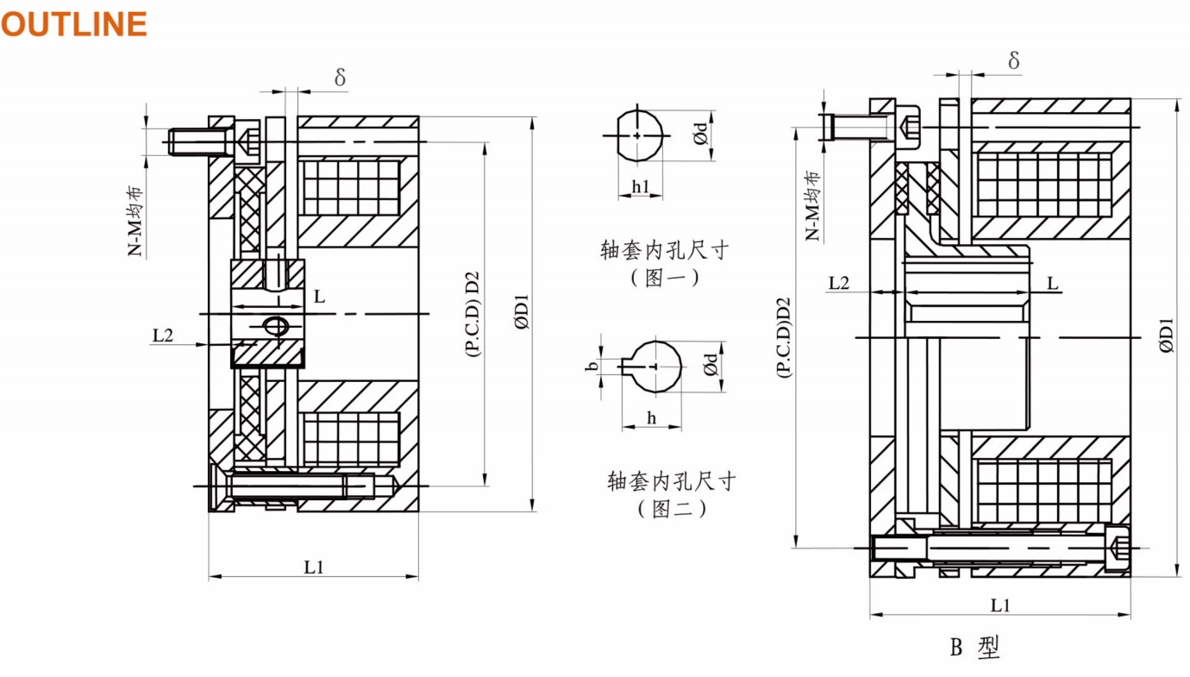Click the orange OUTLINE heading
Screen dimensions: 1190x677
point(74,24)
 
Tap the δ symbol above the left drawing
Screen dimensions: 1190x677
point(340,78)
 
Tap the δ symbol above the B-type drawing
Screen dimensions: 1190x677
point(1013,60)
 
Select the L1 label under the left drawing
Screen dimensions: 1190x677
point(313,567)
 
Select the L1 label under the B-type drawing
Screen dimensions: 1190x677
point(999,605)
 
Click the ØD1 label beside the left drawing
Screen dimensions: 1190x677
point(523,312)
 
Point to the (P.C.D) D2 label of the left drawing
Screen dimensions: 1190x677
point(473,314)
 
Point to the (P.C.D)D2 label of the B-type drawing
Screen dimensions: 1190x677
point(784,337)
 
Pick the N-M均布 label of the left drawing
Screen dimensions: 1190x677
point(135,221)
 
